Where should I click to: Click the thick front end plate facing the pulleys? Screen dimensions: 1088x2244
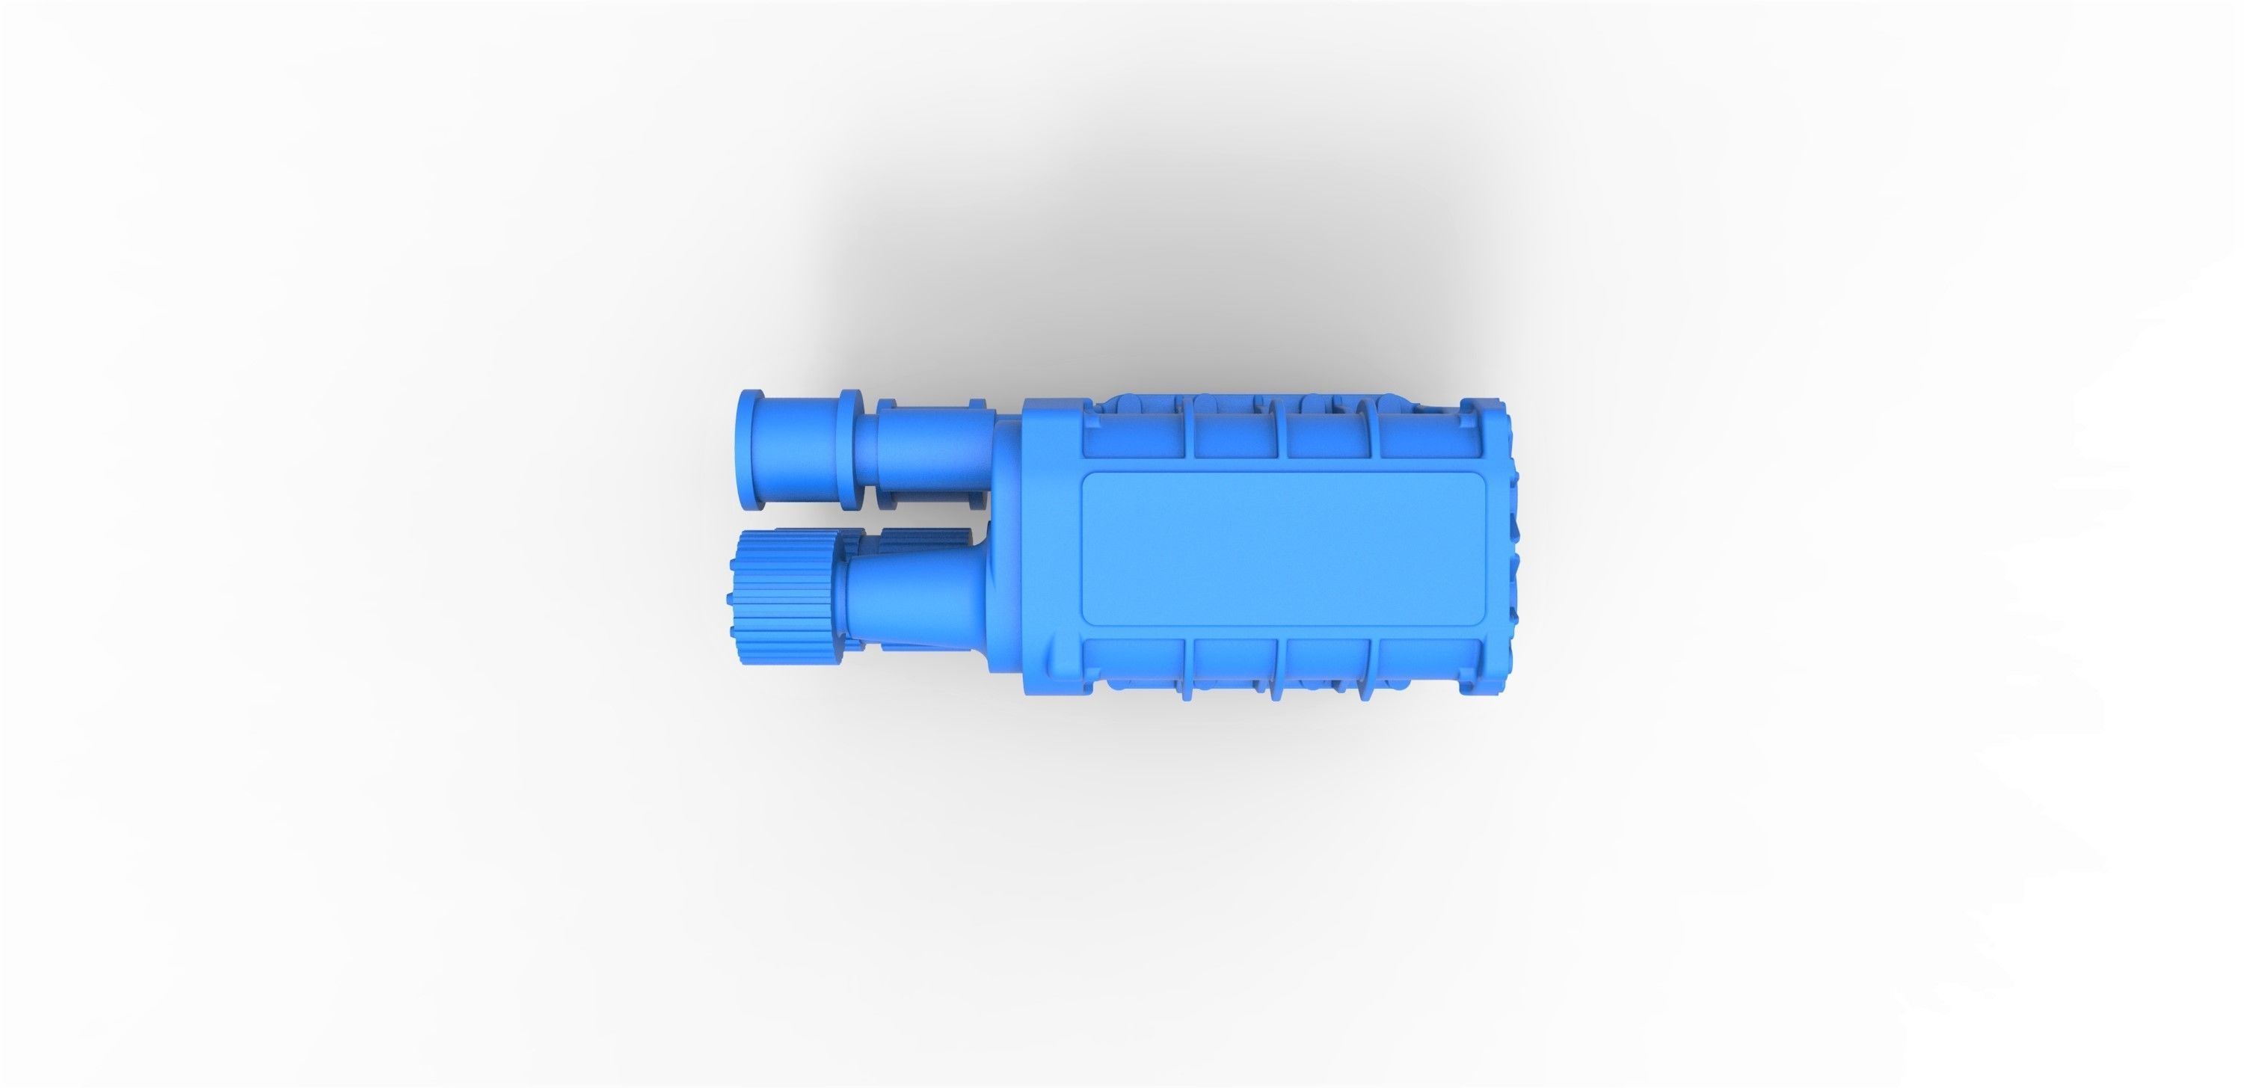tap(1050, 558)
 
